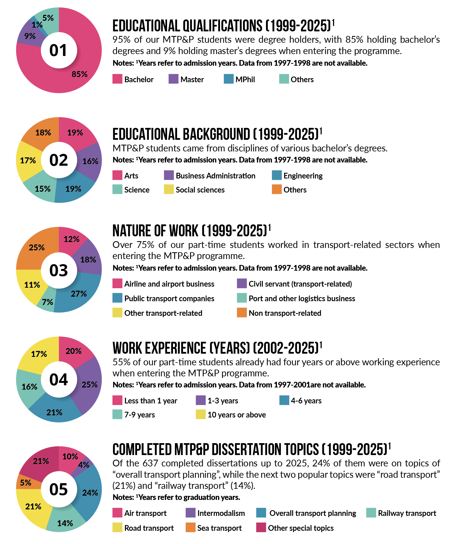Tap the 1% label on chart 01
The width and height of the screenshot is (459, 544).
click(x=37, y=25)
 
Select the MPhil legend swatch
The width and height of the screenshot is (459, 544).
click(x=228, y=79)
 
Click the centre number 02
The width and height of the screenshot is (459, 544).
click(x=59, y=160)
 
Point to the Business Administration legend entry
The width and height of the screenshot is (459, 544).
click(x=215, y=176)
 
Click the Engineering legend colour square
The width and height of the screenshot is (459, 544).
click(x=277, y=175)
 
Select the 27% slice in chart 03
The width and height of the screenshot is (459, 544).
click(x=78, y=293)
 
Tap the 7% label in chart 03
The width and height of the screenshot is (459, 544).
click(x=47, y=302)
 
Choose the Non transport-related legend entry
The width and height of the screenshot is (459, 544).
click(x=285, y=313)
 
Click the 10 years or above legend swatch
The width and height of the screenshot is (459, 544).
click(x=201, y=414)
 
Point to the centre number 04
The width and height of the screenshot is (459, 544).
click(x=59, y=380)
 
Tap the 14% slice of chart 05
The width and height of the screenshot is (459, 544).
click(x=65, y=523)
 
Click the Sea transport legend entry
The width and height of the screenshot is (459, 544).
click(x=219, y=528)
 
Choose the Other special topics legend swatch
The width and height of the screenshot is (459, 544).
click(x=261, y=528)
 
